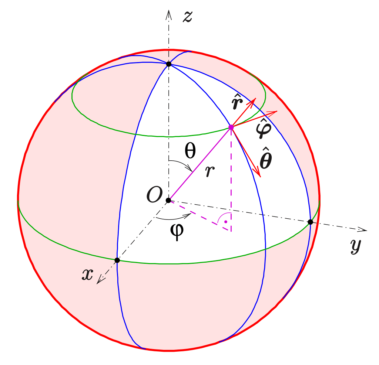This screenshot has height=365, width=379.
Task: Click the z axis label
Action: coord(188,17)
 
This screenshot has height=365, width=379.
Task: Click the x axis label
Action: coord(87,274)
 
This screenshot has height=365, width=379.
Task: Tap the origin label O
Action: coord(154,195)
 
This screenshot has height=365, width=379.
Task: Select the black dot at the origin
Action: coord(168,200)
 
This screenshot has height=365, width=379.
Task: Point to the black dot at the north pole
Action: coord(169,64)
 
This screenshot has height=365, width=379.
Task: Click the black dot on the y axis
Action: coord(310,222)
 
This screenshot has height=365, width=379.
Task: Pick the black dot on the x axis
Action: coord(117,260)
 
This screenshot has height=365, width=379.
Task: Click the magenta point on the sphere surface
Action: coord(231,127)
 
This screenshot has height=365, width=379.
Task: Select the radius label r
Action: coord(210,171)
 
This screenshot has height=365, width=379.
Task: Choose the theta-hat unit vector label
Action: coord(266,160)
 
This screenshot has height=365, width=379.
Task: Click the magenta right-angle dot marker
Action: coord(225,222)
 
